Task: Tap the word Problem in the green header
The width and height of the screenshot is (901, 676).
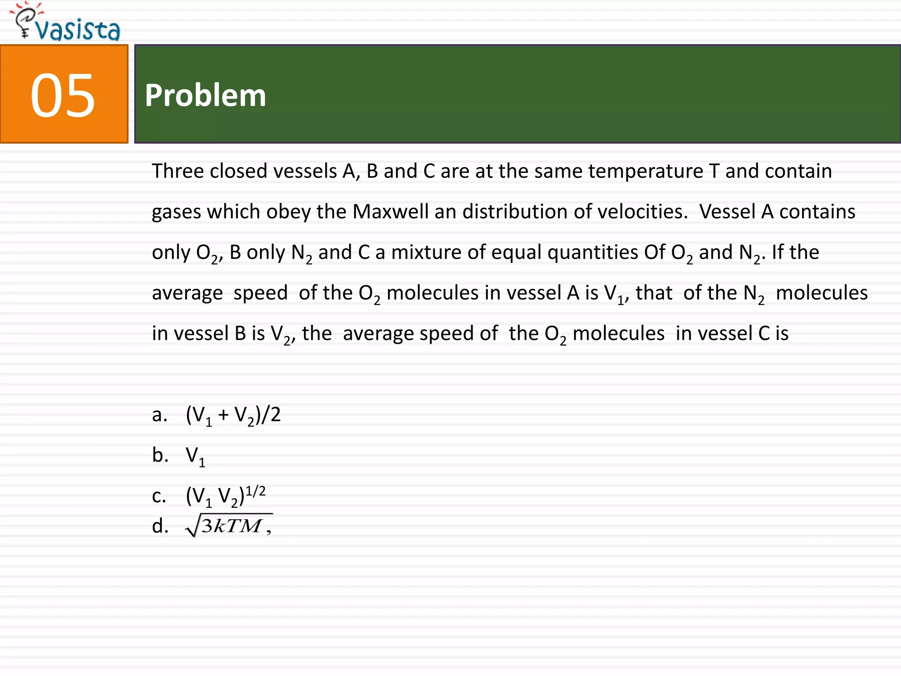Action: (205, 96)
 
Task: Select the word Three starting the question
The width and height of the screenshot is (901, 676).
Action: (178, 171)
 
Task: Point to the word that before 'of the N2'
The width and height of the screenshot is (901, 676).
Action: (654, 293)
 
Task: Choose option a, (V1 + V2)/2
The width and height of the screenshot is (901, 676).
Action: (233, 415)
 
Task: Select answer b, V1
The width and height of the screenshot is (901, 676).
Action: (195, 456)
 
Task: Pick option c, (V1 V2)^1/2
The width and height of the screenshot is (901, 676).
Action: (226, 496)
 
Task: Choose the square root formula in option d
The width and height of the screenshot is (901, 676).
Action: (229, 525)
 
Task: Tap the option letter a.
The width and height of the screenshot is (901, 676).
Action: (159, 415)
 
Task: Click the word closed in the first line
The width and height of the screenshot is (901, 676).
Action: (238, 171)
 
